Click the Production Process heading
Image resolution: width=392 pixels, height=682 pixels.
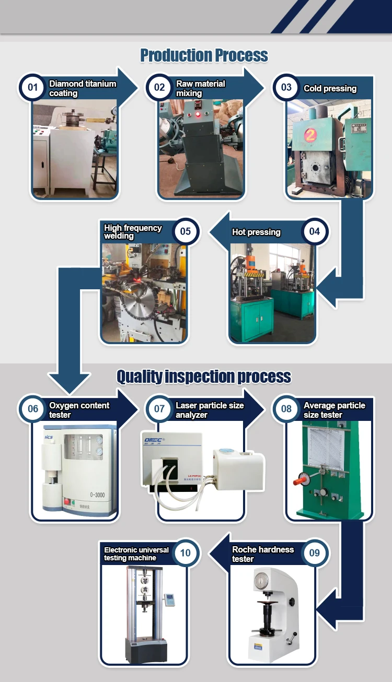(x=204, y=55)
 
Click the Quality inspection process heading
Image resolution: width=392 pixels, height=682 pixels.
(x=204, y=376)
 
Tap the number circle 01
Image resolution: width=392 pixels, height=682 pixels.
(x=33, y=87)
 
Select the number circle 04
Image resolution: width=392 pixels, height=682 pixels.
(x=314, y=231)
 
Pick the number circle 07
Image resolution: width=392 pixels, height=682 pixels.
(x=159, y=409)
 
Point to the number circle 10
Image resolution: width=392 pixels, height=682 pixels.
(x=186, y=553)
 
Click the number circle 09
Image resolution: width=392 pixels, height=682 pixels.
(x=314, y=553)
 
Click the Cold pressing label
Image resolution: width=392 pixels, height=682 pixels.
(x=330, y=88)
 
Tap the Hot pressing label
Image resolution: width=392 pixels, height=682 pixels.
(x=256, y=232)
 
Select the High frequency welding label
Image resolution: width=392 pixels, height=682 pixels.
(x=133, y=232)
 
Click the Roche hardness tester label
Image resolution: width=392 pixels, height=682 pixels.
(x=263, y=554)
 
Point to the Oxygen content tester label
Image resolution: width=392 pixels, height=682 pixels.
(x=79, y=410)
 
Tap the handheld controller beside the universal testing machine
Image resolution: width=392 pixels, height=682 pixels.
(x=168, y=599)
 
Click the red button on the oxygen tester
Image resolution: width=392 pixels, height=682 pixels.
(x=67, y=502)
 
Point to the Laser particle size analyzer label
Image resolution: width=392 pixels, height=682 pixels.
(x=210, y=410)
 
